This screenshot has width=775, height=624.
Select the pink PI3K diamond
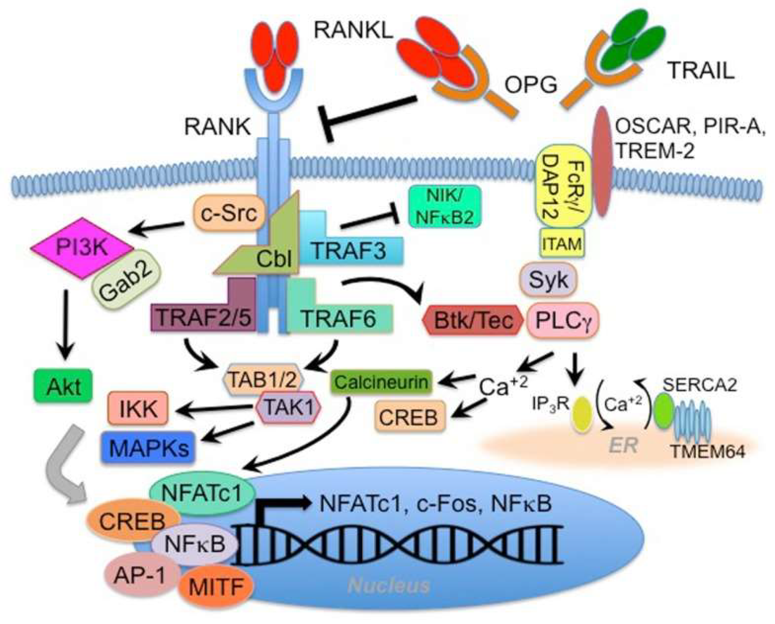82,248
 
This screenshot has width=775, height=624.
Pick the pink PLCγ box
563,320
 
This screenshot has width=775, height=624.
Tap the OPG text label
531,85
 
